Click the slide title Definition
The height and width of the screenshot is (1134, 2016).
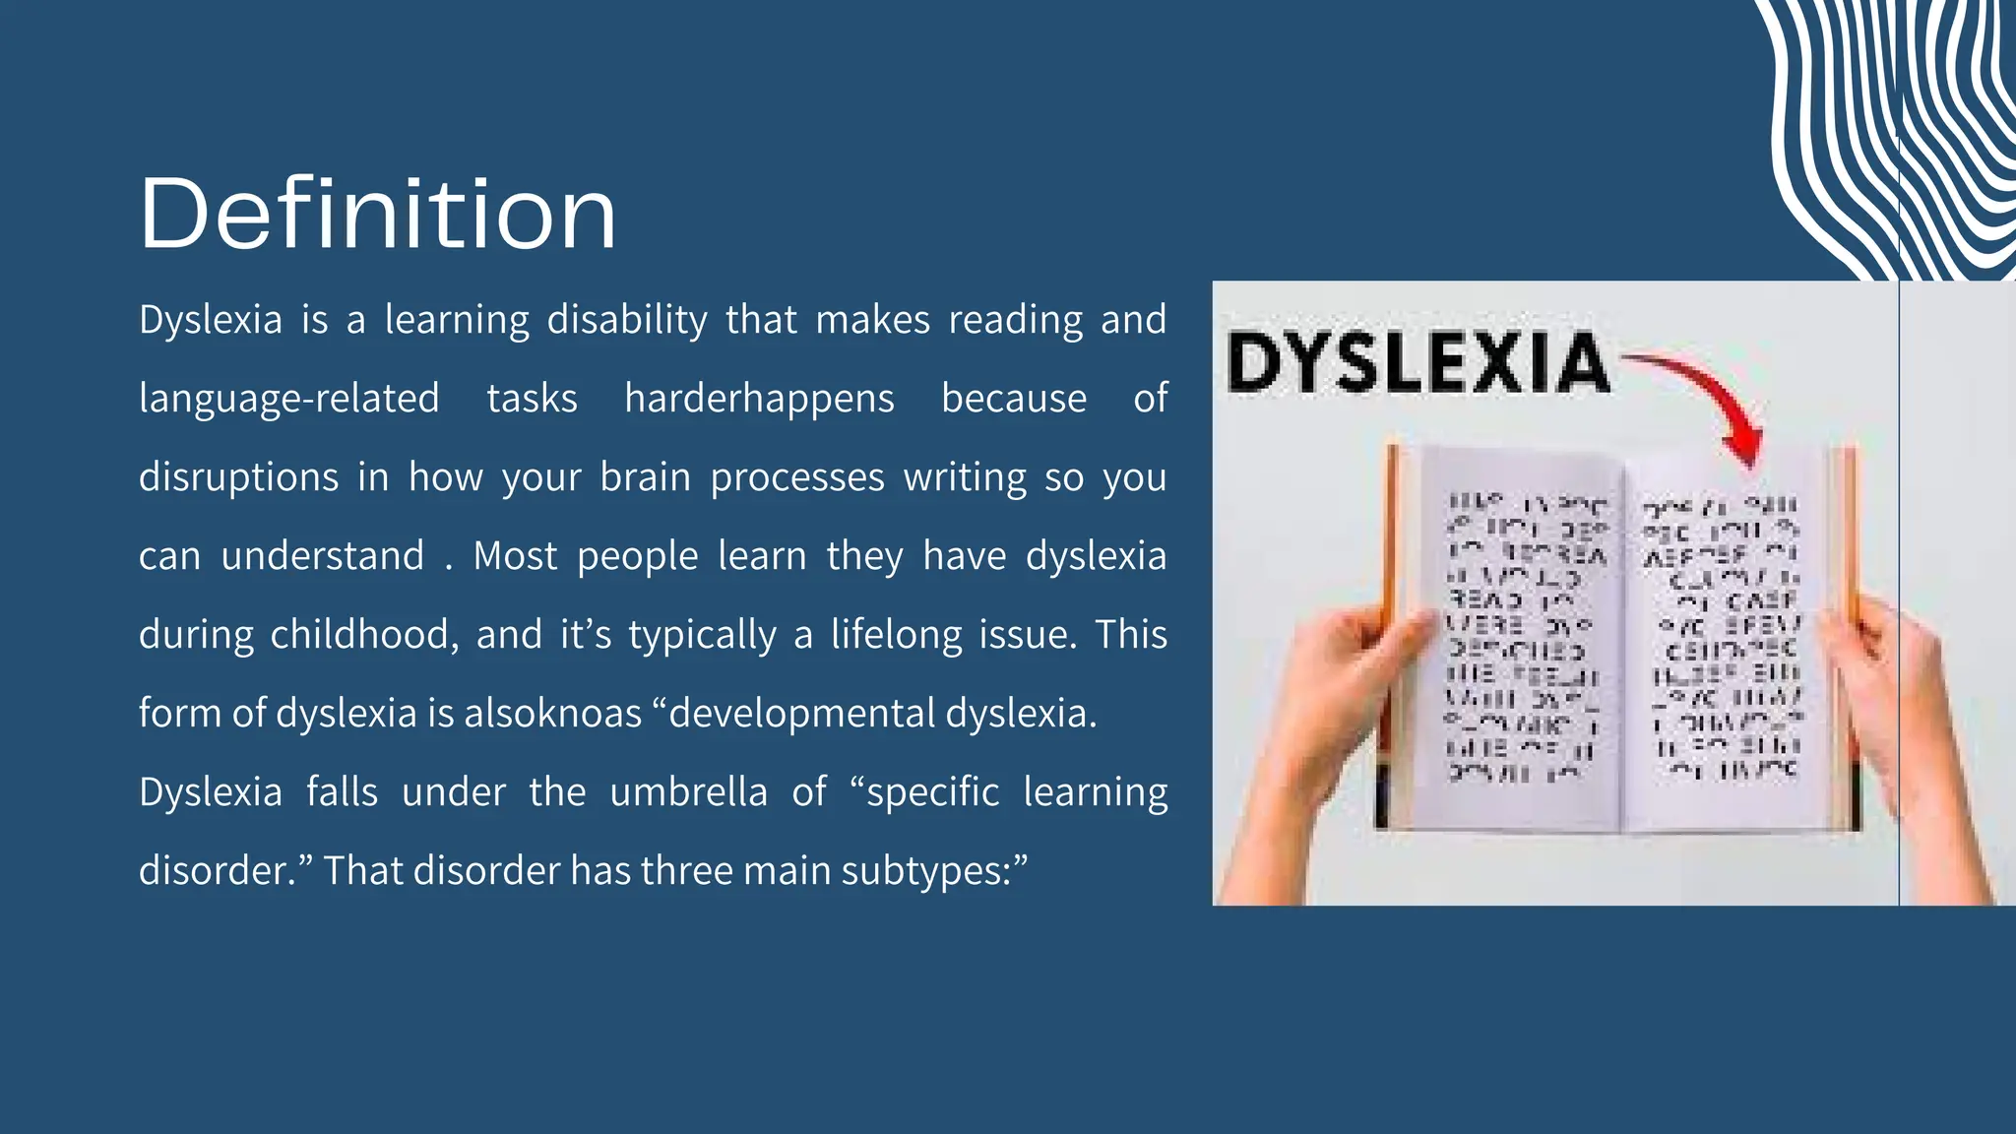click(378, 214)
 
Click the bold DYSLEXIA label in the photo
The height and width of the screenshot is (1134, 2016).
click(1417, 362)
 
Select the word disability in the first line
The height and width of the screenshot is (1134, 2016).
click(627, 320)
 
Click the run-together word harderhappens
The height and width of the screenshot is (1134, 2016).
click(759, 399)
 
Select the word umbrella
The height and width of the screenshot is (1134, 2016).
click(688, 792)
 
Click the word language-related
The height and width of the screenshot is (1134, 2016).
click(288, 399)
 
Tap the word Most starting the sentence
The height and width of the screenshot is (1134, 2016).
click(515, 556)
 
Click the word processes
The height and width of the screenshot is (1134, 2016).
click(797, 477)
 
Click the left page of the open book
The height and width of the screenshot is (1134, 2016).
click(1521, 640)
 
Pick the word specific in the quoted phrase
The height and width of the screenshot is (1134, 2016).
click(932, 792)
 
